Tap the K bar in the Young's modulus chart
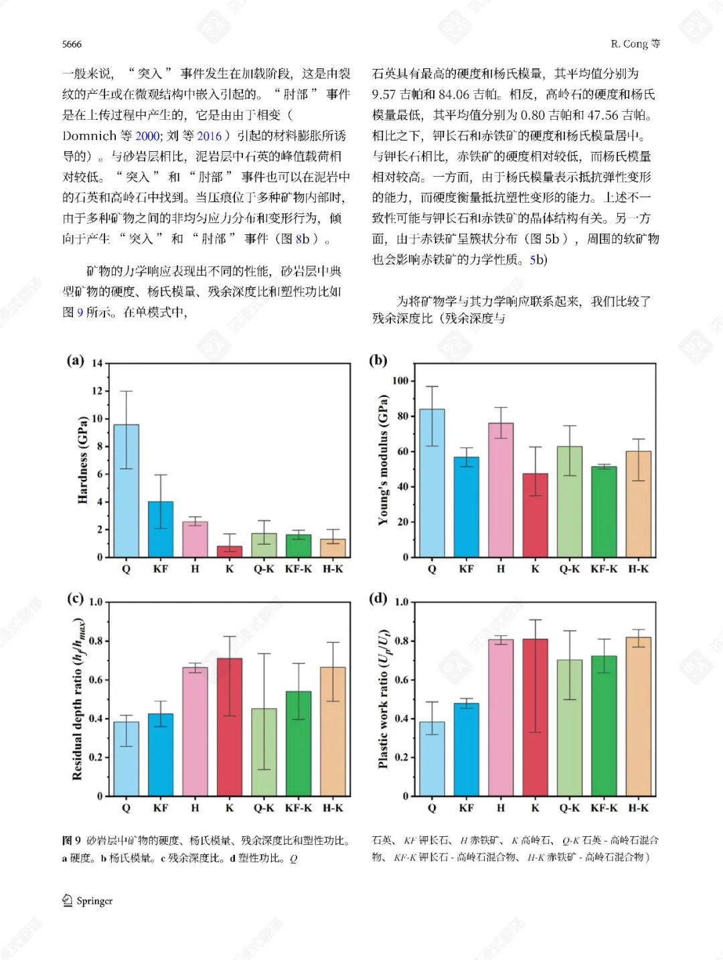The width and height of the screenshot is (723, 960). point(535,515)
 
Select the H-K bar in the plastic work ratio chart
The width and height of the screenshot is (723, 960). point(638,716)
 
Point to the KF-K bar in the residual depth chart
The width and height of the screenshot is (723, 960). point(299,743)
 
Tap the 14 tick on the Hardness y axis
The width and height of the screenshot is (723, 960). point(97,364)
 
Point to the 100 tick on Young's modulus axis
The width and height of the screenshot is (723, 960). point(400,381)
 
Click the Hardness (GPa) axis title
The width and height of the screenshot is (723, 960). point(82,460)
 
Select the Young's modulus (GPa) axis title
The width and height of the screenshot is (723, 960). point(383,460)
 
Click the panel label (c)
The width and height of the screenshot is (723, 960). point(75,598)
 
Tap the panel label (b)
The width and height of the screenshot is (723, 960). point(378,360)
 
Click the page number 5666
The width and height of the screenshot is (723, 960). point(72,44)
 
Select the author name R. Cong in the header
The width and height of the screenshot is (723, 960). point(629,44)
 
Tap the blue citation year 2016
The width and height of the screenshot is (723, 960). point(209,136)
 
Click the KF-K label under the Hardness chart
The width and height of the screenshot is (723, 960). point(298,569)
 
